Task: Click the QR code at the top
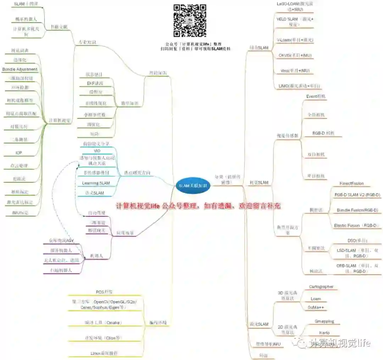pyautogui.click(x=190, y=21)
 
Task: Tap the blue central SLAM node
pyautogui.click(x=193, y=185)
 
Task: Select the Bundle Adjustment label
pyautogui.click(x=20, y=69)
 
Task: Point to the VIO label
pyautogui.click(x=96, y=151)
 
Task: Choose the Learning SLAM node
pyautogui.click(x=96, y=183)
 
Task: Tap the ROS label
pyautogui.click(x=104, y=292)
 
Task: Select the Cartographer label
pyautogui.click(x=321, y=287)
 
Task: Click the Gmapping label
pyautogui.click(x=324, y=321)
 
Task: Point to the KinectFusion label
pyautogui.click(x=351, y=183)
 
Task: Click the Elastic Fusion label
pyautogui.click(x=357, y=226)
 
